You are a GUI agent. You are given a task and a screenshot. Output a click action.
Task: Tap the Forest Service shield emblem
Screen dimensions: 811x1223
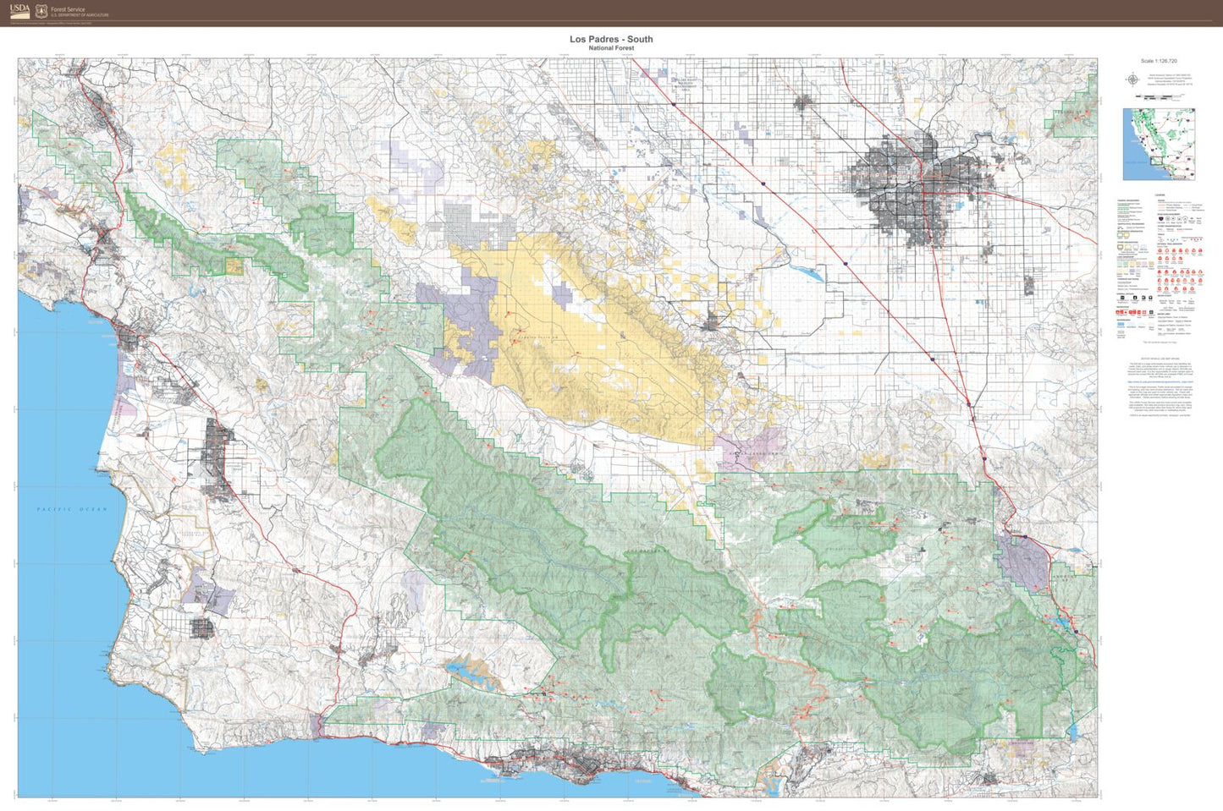[41, 11]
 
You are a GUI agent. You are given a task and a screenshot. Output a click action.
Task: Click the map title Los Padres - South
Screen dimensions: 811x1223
[610, 39]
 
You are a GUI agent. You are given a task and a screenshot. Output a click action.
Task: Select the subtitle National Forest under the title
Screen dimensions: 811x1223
[610, 48]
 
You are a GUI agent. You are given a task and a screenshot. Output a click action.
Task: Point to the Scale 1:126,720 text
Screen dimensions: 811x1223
[1159, 61]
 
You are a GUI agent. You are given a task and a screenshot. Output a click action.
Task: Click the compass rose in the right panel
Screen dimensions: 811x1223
[1132, 80]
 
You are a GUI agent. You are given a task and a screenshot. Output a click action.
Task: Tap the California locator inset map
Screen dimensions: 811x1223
[1159, 144]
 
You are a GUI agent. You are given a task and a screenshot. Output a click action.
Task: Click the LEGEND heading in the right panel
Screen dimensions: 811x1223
[1159, 195]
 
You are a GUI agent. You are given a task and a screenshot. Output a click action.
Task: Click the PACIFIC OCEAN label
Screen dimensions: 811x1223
[72, 509]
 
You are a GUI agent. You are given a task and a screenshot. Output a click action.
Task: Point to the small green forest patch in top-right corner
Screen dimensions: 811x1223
[1072, 114]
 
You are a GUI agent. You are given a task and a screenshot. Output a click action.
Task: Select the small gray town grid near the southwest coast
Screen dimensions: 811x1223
[203, 627]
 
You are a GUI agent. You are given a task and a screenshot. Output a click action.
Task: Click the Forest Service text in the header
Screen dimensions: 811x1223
[68, 8]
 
